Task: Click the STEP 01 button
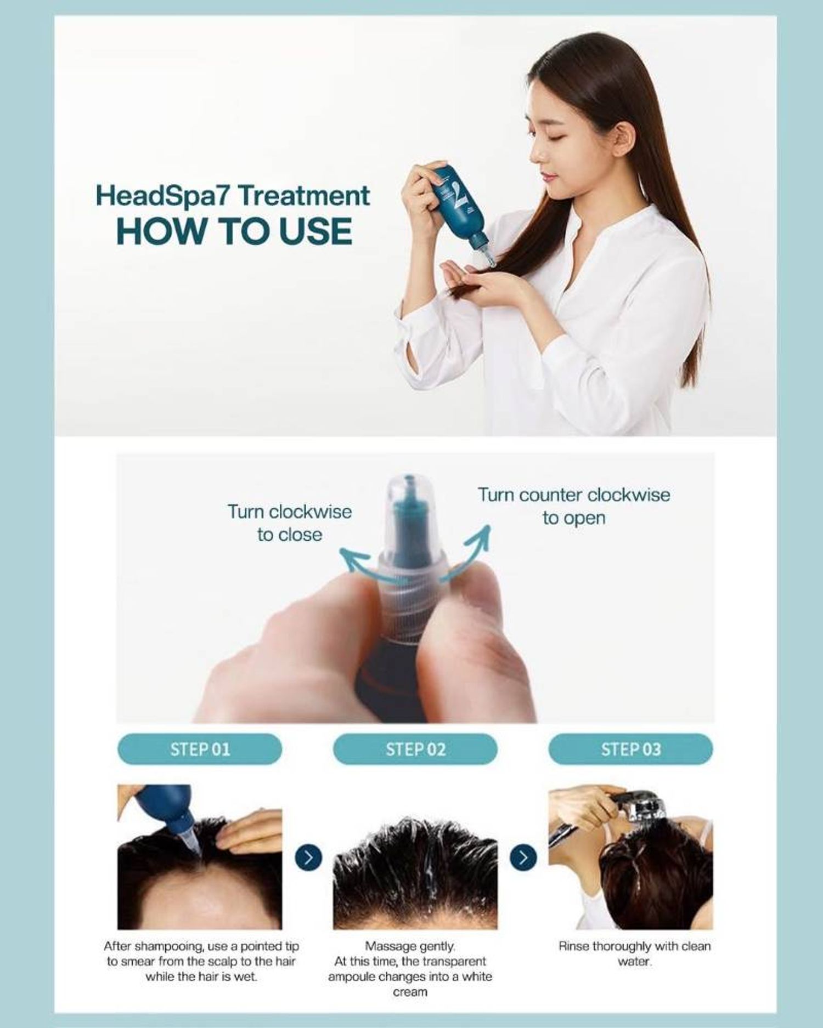tap(200, 749)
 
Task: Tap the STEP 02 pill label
tap(415, 749)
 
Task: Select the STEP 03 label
tap(631, 749)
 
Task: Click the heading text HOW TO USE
tap(235, 231)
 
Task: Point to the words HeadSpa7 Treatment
tap(233, 196)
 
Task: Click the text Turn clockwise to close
tap(290, 523)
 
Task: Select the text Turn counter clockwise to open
tap(574, 506)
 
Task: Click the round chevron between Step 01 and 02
tap(308, 857)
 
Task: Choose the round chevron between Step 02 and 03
tap(523, 857)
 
